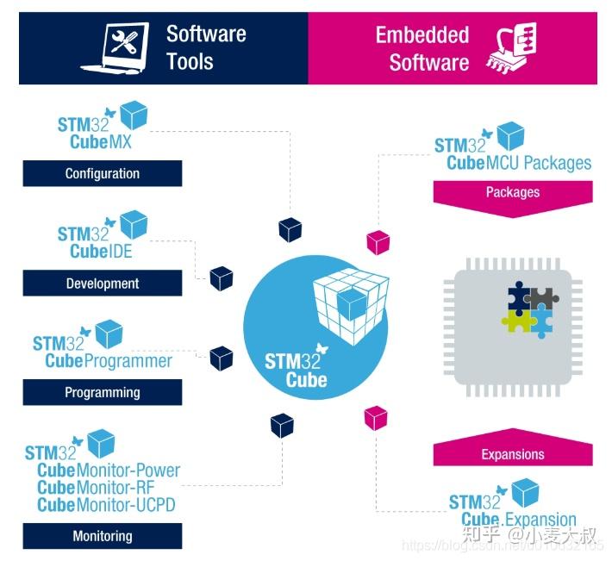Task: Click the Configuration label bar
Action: pyautogui.click(x=102, y=173)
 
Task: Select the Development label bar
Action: pyautogui.click(x=102, y=283)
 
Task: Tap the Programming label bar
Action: pyautogui.click(x=102, y=392)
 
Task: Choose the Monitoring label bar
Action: pyautogui.click(x=102, y=536)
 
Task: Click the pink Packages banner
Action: pyautogui.click(x=512, y=192)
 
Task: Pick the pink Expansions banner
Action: pyautogui.click(x=512, y=454)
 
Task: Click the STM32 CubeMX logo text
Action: pyautogui.click(x=95, y=132)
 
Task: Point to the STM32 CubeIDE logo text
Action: pyautogui.click(x=95, y=242)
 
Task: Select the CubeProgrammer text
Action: pyautogui.click(x=109, y=360)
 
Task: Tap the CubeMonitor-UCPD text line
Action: pyautogui.click(x=106, y=505)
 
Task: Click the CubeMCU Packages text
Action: pyautogui.click(x=519, y=163)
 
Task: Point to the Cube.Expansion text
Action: pyautogui.click(x=519, y=520)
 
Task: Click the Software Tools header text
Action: pyautogui.click(x=206, y=47)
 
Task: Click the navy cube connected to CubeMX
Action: pyautogui.click(x=290, y=228)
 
